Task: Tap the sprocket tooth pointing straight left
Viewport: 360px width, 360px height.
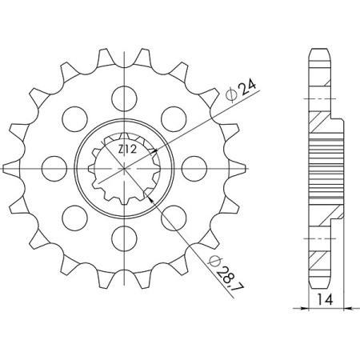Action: click(10, 166)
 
